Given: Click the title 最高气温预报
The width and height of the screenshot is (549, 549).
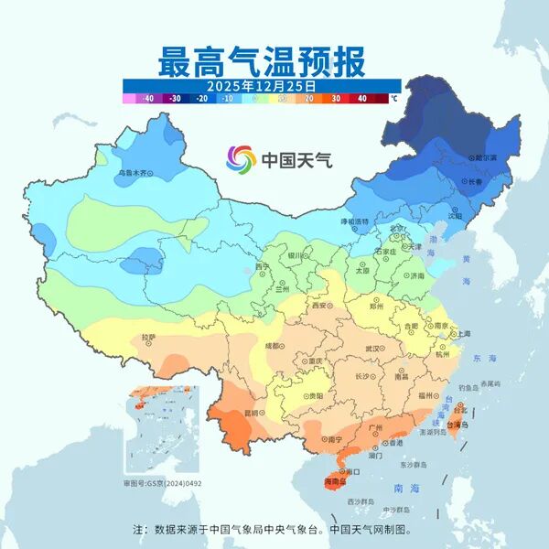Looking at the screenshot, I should coord(262,62).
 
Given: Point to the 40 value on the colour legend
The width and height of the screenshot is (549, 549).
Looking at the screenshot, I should coord(362,98).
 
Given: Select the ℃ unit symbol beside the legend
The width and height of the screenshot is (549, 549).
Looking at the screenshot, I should coord(394,98).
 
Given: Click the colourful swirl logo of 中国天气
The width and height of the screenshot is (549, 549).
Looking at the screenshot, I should coord(242,159).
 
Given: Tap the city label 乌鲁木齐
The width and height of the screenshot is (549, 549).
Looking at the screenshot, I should coord(133,172).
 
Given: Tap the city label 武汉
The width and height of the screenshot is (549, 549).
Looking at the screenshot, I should coord(372,349).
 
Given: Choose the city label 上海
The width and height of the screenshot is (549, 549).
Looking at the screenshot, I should coord(463,334).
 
